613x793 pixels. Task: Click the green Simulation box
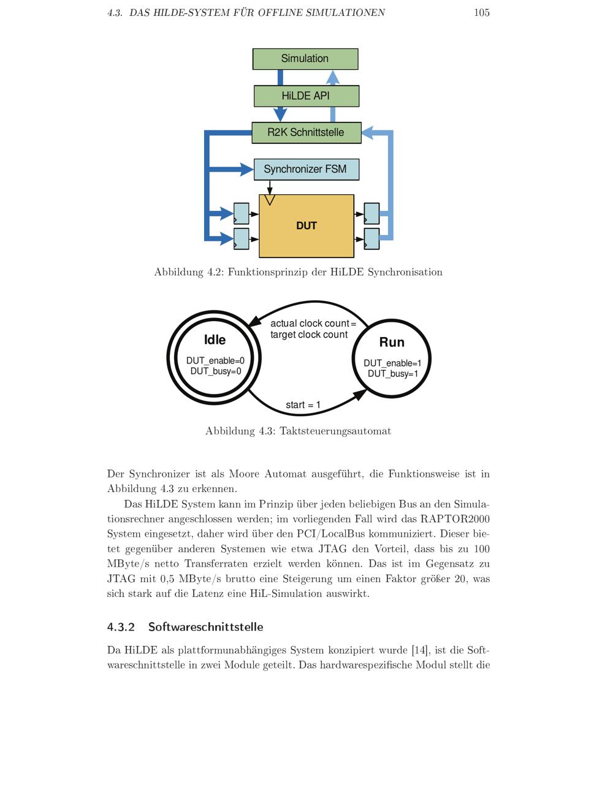coord(305,59)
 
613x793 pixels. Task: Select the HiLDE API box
coord(306,96)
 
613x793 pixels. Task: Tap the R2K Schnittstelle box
coord(306,132)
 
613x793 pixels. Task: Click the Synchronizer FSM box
coord(306,169)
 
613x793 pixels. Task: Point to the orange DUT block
coord(306,226)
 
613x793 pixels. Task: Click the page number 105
coord(481,12)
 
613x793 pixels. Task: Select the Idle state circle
coord(215,357)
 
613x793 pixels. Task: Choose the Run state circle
coord(392,359)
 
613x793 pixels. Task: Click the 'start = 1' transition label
coord(303,404)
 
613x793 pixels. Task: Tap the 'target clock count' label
coord(309,335)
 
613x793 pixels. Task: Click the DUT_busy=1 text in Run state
coord(393,374)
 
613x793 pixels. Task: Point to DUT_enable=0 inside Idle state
coord(215,360)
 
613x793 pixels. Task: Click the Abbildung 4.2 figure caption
coord(298,272)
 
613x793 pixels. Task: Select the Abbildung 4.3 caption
coord(298,431)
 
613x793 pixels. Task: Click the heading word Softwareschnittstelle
coord(205,626)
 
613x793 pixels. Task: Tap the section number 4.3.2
coord(121,626)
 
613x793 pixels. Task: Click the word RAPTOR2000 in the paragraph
coord(455,519)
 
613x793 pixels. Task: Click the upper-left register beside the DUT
coord(242,213)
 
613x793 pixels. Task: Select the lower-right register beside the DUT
coord(371,239)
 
